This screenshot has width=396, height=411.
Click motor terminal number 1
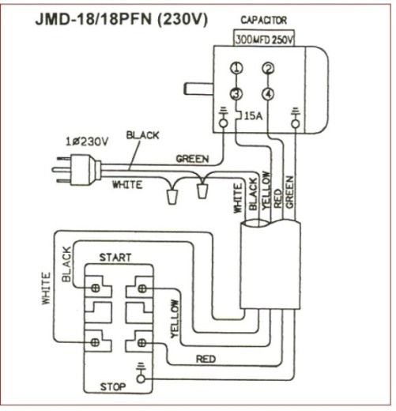click(236, 70)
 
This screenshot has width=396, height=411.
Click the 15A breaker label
click(254, 116)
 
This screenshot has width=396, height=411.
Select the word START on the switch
click(115, 258)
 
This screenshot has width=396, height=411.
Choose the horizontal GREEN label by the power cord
click(192, 158)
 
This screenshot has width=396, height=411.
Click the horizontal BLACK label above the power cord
click(141, 135)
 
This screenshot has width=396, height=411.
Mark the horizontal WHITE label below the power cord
click(126, 185)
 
